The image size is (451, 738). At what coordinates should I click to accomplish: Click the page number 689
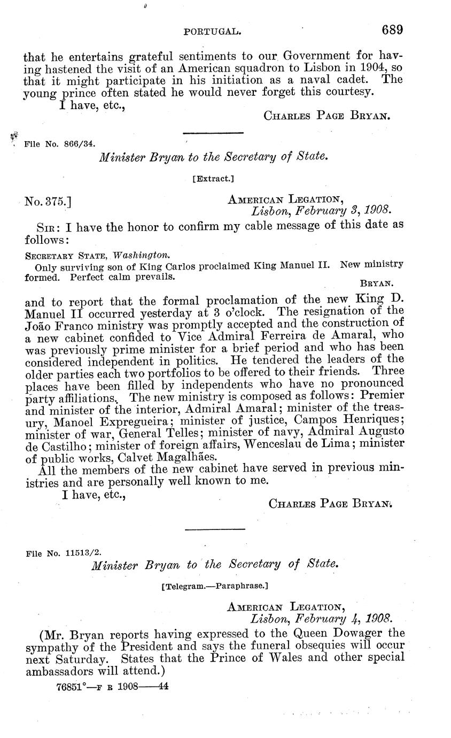[392, 30]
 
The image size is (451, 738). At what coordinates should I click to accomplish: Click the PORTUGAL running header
[211, 32]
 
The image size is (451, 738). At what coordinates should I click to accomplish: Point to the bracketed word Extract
[213, 179]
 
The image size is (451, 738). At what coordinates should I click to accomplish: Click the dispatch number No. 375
[49, 202]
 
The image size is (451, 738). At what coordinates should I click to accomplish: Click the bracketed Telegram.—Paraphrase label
[214, 586]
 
